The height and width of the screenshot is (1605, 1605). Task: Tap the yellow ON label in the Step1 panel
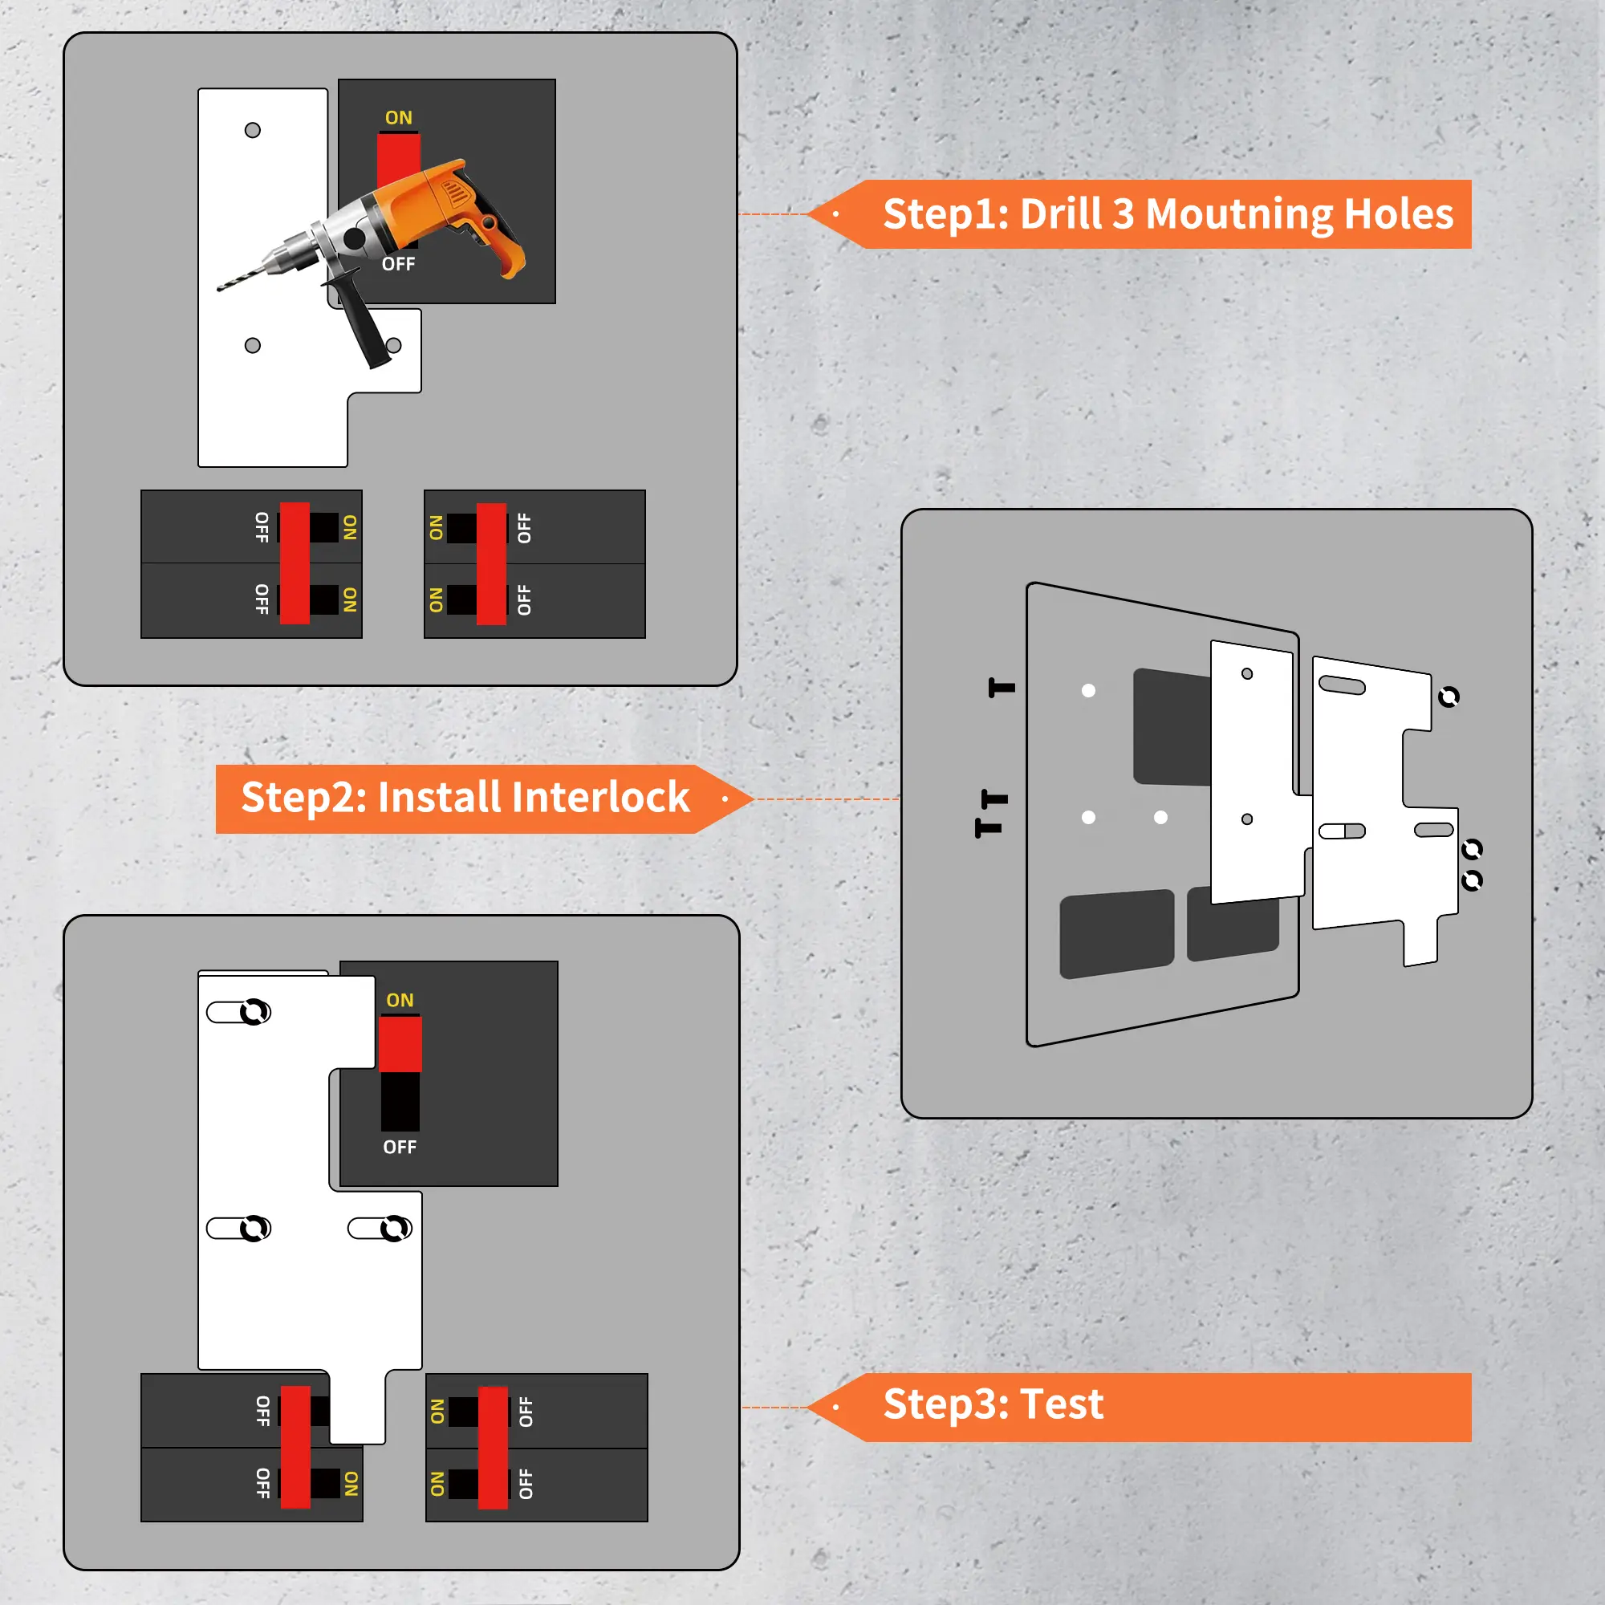[399, 118]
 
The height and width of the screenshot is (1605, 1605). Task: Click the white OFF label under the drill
[399, 264]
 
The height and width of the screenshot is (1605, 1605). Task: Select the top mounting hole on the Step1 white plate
[253, 129]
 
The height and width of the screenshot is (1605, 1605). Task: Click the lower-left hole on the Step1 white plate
[253, 345]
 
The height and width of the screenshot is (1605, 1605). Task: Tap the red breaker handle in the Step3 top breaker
[400, 1044]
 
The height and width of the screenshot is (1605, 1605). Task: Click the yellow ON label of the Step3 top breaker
[400, 1000]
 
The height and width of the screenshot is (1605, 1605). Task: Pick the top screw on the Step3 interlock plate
[255, 1012]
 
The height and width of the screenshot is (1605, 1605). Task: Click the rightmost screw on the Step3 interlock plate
[396, 1229]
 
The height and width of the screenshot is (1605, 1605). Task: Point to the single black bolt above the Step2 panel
[1002, 687]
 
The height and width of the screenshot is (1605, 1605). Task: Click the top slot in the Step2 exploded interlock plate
[1342, 685]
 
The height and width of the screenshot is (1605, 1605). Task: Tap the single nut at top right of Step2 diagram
[1449, 696]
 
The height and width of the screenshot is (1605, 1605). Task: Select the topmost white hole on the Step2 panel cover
[1088, 690]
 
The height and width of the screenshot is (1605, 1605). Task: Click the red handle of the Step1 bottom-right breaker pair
[491, 564]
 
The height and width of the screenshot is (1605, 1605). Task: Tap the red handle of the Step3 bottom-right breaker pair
[493, 1448]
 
